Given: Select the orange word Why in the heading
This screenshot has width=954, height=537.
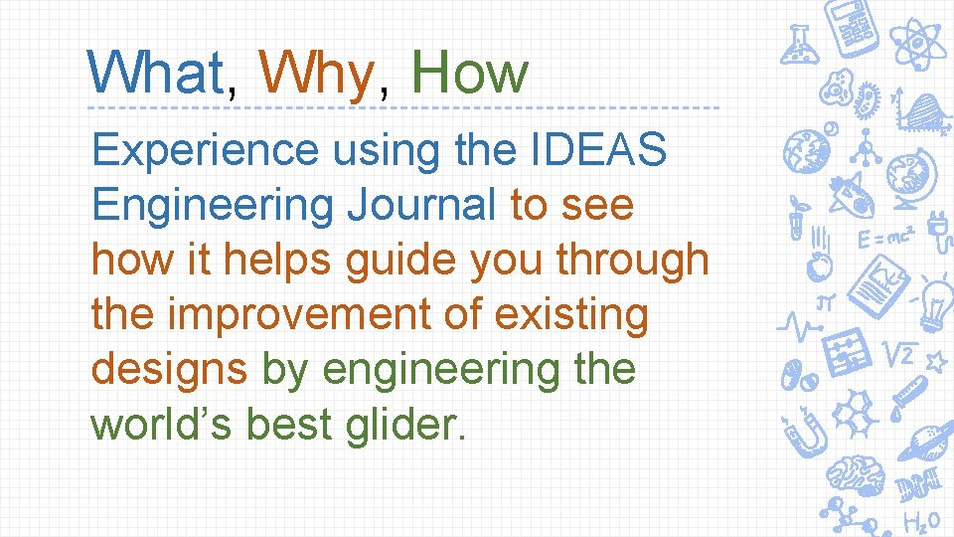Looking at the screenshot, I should tap(314, 74).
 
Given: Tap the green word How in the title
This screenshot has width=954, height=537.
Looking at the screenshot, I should tap(469, 74).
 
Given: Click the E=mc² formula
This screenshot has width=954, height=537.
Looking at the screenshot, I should tap(885, 240).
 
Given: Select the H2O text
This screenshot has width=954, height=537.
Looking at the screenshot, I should tap(921, 521).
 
